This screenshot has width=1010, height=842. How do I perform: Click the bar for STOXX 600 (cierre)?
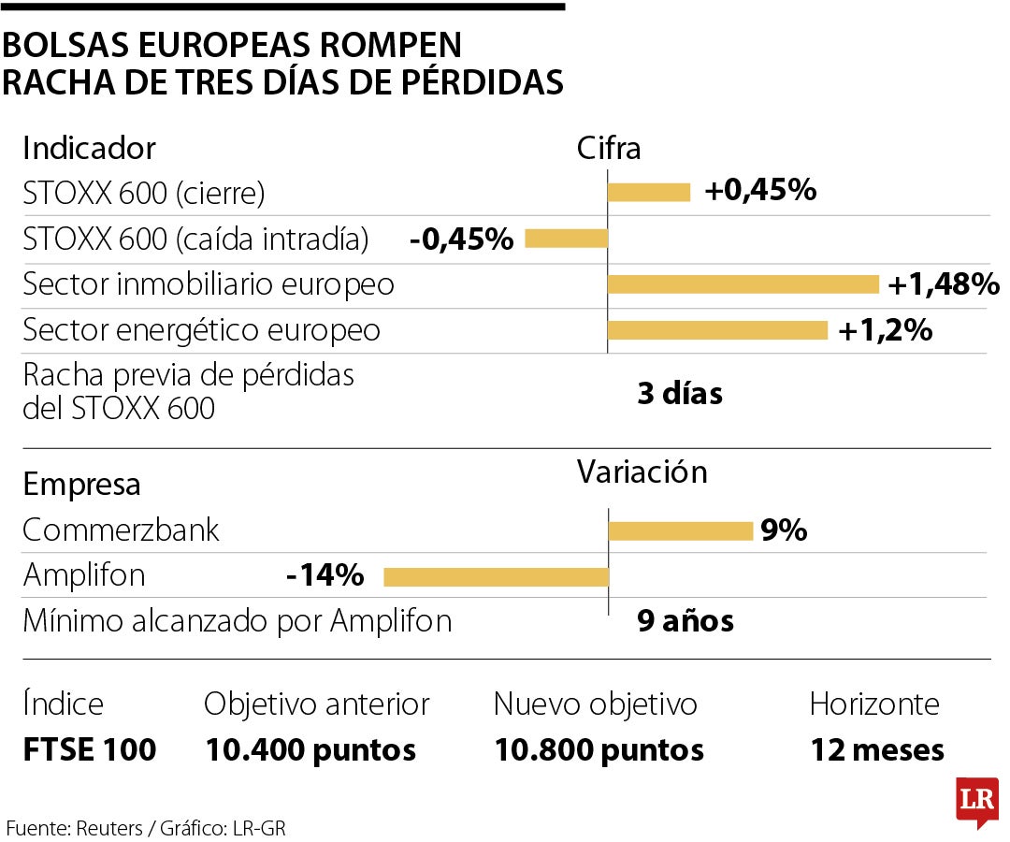click(649, 193)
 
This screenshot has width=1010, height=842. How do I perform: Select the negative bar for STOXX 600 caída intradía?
click(566, 239)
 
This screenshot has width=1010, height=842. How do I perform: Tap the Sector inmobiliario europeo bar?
click(743, 284)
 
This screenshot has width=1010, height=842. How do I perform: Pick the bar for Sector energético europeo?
click(717, 330)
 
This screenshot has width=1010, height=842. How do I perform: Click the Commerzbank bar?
click(681, 531)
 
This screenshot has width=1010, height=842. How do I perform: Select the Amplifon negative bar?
click(496, 576)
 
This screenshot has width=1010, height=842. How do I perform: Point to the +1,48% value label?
click(943, 284)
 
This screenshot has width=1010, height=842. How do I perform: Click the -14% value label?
click(325, 576)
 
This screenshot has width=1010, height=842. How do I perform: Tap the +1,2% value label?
click(885, 330)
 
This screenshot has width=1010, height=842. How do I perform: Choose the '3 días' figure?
click(680, 394)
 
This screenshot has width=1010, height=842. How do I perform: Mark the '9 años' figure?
click(685, 620)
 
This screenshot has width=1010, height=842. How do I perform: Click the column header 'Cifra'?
click(609, 149)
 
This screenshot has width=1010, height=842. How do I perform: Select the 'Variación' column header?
click(642, 472)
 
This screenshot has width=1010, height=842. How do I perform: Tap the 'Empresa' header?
click(81, 485)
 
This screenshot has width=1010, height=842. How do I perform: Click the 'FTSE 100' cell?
click(90, 749)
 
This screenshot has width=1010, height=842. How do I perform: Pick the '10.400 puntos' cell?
click(310, 749)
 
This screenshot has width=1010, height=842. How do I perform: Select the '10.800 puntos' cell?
click(599, 749)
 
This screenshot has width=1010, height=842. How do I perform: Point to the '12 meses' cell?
click(876, 749)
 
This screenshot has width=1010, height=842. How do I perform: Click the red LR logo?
click(976, 801)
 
